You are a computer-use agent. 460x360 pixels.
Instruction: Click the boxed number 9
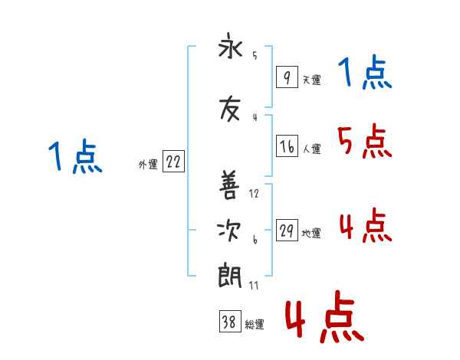(x=287, y=78)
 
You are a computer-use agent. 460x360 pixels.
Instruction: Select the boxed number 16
(x=287, y=146)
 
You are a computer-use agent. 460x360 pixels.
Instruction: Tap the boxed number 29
(x=287, y=231)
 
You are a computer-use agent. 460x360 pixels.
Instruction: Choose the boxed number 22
(x=173, y=162)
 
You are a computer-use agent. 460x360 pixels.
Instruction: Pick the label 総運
(x=255, y=325)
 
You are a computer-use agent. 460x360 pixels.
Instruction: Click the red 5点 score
(x=363, y=141)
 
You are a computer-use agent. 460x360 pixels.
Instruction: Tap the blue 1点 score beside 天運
(x=364, y=73)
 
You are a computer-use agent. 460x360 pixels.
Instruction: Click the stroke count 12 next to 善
(x=255, y=194)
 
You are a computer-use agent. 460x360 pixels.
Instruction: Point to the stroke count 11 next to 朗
(x=255, y=285)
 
